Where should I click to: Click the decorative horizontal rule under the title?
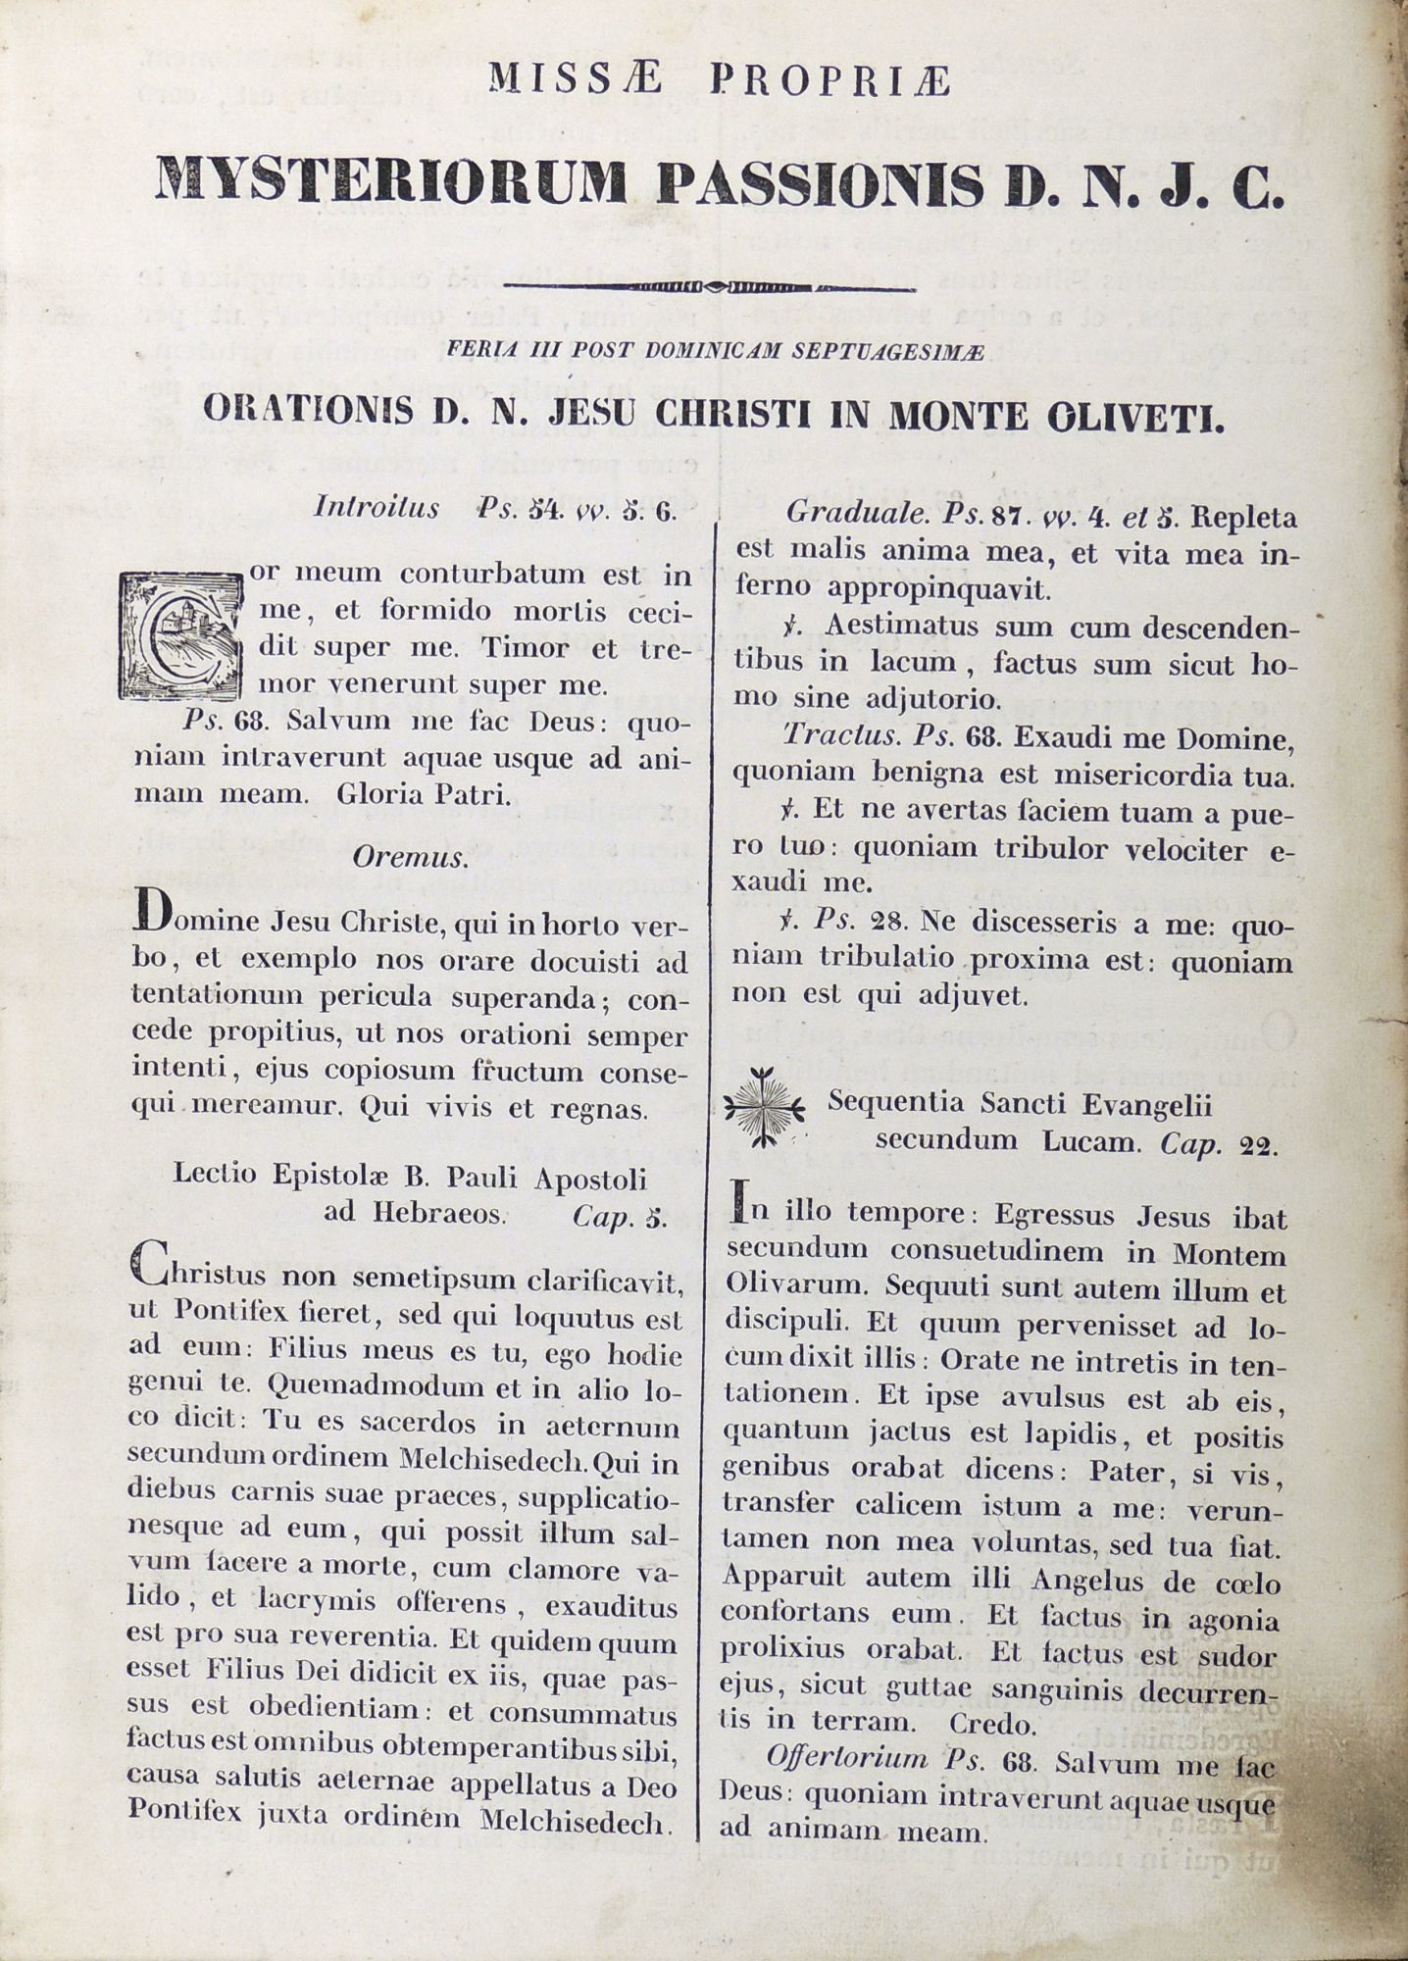point(708,288)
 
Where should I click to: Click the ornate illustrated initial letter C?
point(179,635)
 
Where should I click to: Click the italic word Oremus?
point(410,857)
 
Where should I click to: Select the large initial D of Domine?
point(145,909)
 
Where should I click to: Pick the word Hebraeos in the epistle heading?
point(415,1214)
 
